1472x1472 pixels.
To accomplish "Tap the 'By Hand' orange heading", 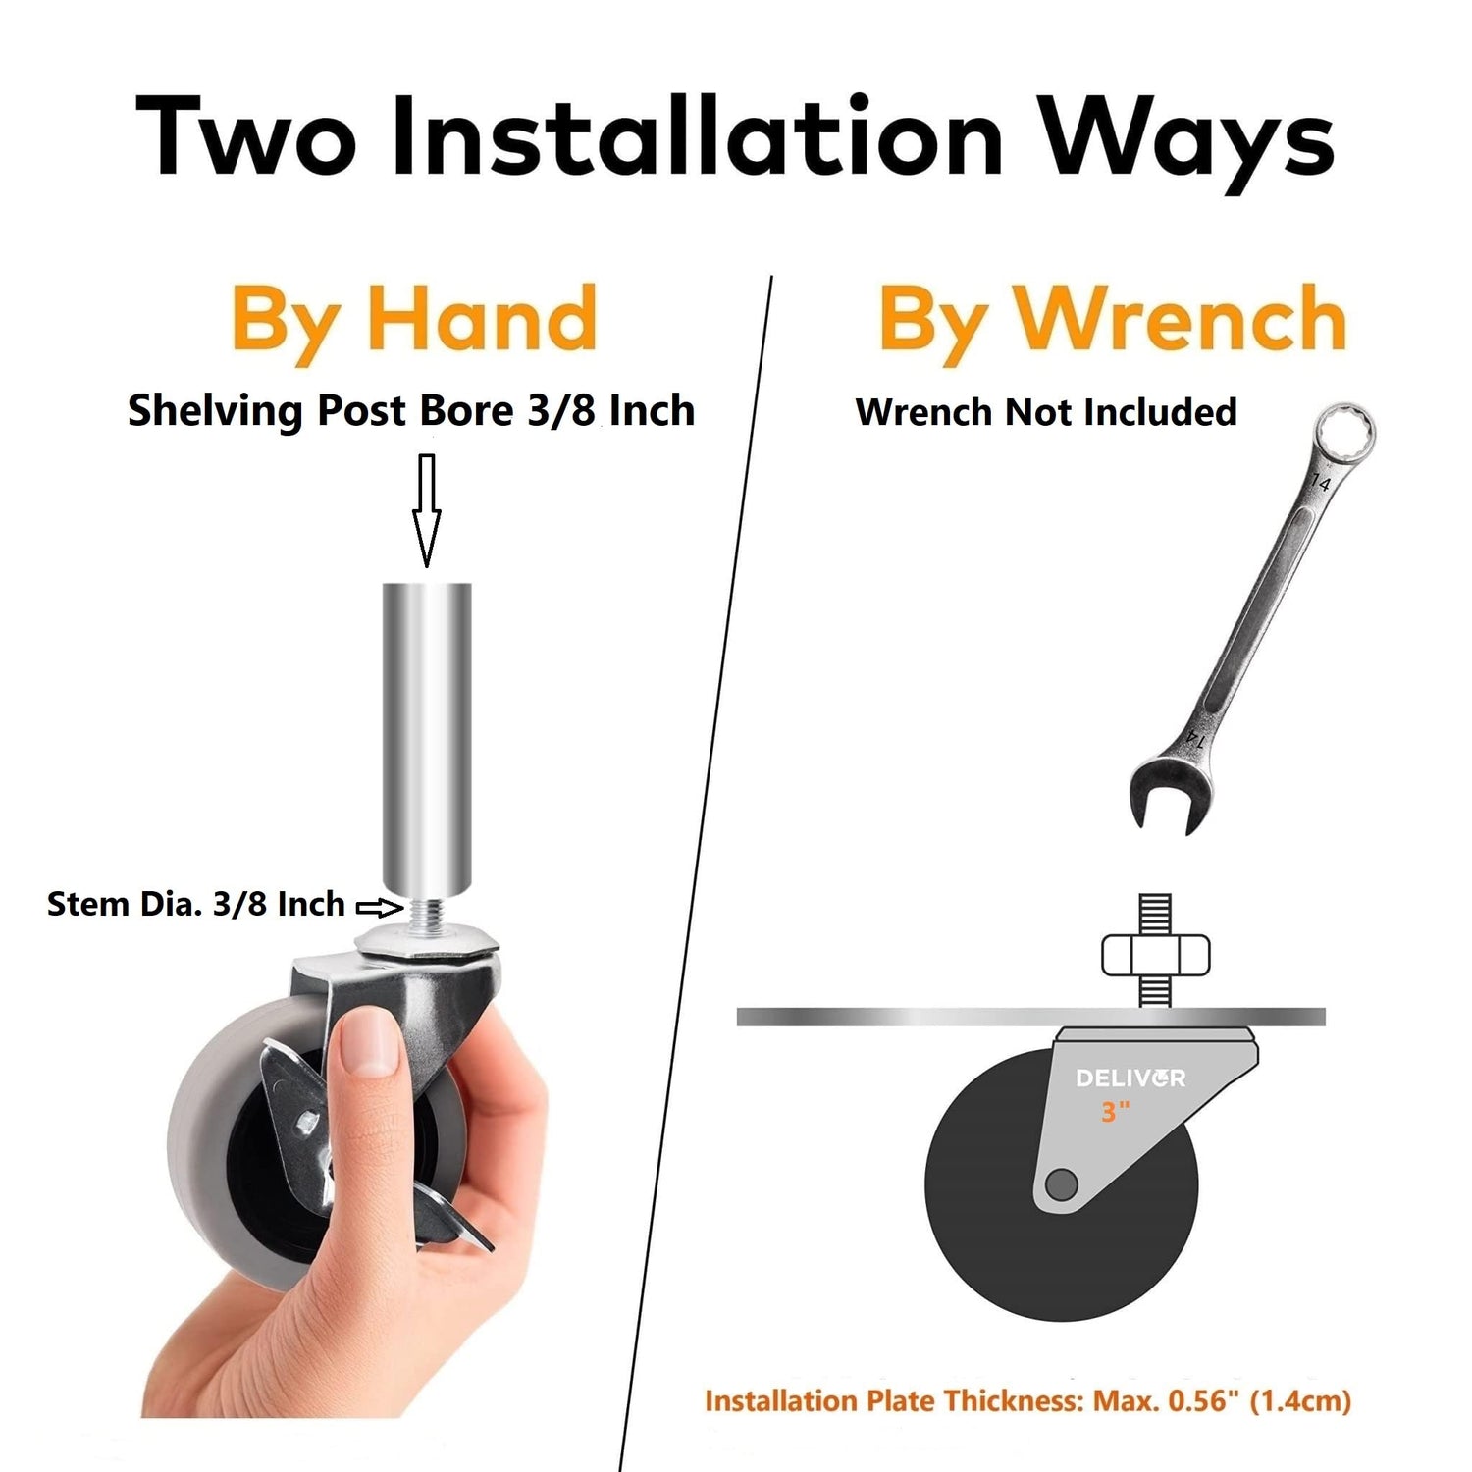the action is [414, 319].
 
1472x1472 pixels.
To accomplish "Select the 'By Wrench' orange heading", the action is [1112, 319].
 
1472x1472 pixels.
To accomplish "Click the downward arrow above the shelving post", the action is [426, 510].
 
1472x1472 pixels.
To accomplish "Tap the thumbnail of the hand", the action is [371, 1042].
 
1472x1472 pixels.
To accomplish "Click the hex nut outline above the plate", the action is [1156, 956].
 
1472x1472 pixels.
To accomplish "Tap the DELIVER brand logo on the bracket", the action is [1130, 1078].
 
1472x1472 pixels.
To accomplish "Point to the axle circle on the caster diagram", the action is [1061, 1184].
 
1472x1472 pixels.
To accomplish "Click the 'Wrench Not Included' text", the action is [1046, 412].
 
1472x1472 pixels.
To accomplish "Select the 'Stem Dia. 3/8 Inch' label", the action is [196, 904].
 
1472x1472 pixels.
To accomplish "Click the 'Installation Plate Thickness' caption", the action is [1027, 1401].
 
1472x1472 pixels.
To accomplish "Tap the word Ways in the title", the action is [1188, 143].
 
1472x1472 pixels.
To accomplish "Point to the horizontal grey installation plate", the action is [1031, 1017].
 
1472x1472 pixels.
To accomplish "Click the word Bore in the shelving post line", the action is [467, 410].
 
